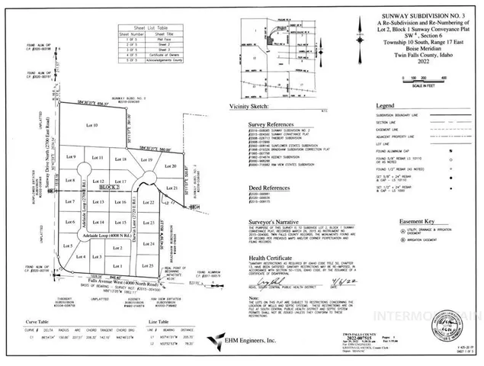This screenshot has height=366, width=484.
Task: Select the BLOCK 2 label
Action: [111, 187]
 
